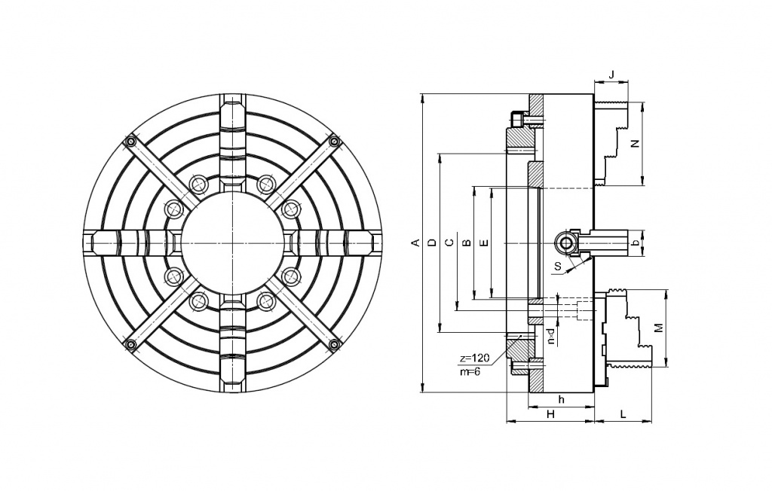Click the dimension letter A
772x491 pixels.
click(x=415, y=242)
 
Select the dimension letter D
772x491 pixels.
click(x=432, y=242)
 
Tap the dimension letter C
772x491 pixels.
click(x=449, y=242)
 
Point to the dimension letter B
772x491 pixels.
click(x=467, y=242)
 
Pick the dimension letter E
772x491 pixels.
click(x=484, y=242)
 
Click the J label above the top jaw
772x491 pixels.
click(x=611, y=75)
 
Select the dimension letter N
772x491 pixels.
click(x=635, y=144)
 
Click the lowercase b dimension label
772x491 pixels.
click(x=635, y=242)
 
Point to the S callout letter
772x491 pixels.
click(x=557, y=266)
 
